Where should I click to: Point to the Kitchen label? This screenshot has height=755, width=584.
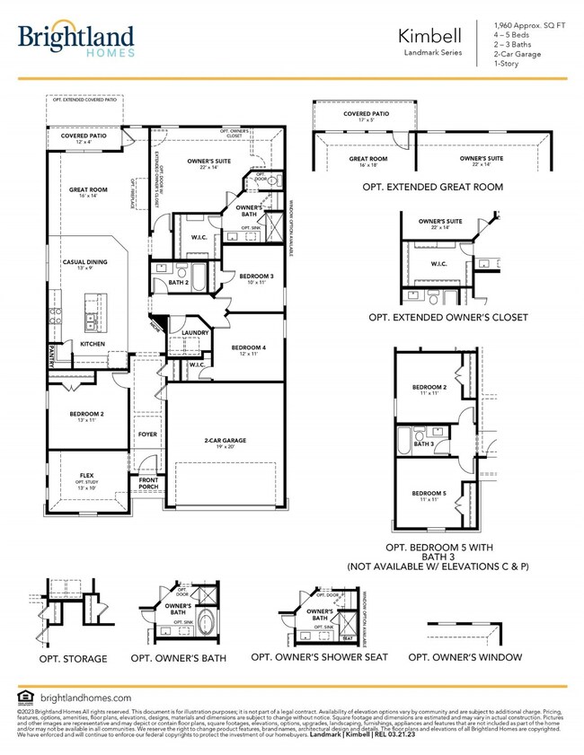click(93, 344)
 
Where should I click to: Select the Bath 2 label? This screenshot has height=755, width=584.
click(178, 283)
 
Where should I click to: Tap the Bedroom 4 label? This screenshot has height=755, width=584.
click(249, 350)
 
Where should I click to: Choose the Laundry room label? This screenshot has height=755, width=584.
click(195, 333)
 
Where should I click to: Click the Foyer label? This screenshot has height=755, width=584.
click(147, 435)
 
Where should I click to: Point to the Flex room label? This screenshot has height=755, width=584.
click(87, 476)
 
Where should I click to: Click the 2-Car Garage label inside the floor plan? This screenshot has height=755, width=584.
click(225, 442)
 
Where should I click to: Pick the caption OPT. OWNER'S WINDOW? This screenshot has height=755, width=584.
click(464, 657)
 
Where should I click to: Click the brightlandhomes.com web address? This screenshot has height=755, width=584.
click(86, 697)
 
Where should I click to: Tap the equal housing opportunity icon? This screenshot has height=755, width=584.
click(24, 697)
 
